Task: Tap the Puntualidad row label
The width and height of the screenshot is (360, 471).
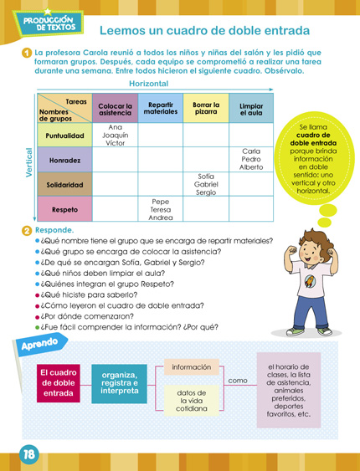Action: pyautogui.click(x=65, y=135)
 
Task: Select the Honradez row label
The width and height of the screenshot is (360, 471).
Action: pyautogui.click(x=64, y=159)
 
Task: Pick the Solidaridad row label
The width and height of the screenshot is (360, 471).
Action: pyautogui.click(x=65, y=184)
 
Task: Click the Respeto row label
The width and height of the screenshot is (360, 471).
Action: pyautogui.click(x=64, y=209)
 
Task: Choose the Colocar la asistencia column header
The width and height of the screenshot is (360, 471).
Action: pyautogui.click(x=115, y=109)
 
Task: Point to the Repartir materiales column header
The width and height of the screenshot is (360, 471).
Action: pyautogui.click(x=160, y=108)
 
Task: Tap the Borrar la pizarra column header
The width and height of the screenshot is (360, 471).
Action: pyautogui.click(x=205, y=108)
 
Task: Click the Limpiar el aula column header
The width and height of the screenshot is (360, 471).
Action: pyautogui.click(x=250, y=108)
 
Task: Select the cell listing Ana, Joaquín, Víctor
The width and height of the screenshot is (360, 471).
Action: pyautogui.click(x=115, y=135)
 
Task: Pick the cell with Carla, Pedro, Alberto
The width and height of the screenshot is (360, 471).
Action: pyautogui.click(x=250, y=159)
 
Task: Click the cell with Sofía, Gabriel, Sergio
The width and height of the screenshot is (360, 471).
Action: pyautogui.click(x=205, y=184)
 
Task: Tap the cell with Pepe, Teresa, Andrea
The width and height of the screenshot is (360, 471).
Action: pyautogui.click(x=160, y=209)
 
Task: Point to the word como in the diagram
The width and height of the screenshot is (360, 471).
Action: pyautogui.click(x=238, y=381)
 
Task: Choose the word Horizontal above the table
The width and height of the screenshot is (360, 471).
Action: pyautogui.click(x=148, y=84)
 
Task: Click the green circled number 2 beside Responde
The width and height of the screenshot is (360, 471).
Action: pyautogui.click(x=27, y=229)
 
